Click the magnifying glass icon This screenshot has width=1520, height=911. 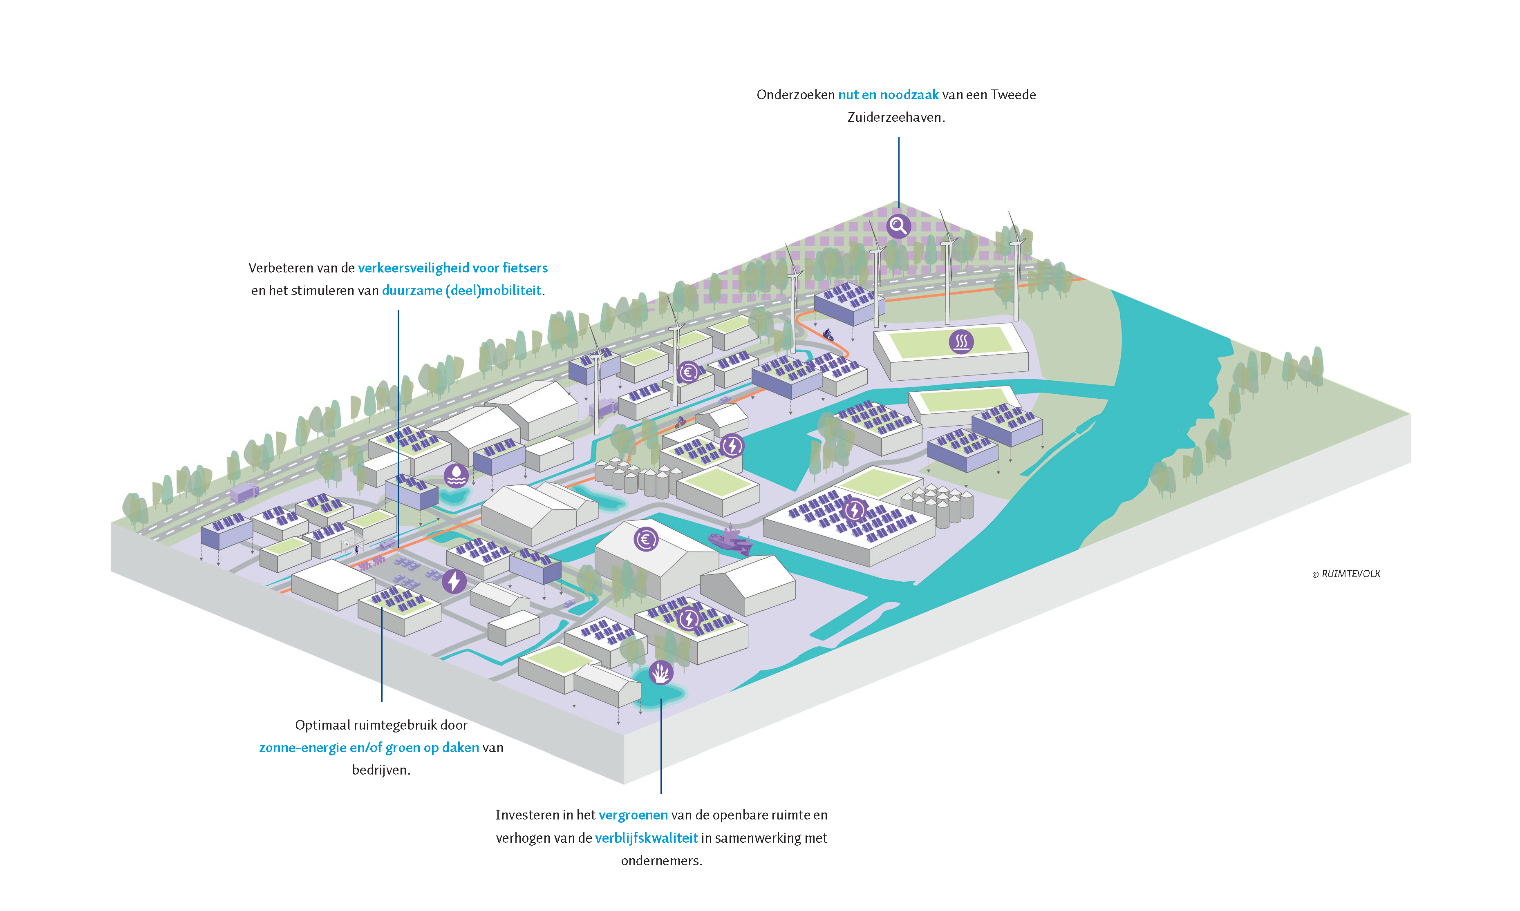898,226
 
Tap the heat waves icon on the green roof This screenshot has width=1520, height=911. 961,341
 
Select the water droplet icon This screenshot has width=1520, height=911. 456,475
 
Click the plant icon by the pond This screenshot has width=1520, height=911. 661,672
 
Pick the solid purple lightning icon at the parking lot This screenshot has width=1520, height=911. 454,581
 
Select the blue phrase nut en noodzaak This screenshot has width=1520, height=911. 888,94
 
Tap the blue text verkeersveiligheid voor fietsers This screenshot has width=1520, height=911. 452,268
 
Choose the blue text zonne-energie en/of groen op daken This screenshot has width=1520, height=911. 369,748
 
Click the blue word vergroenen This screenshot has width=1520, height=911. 633,815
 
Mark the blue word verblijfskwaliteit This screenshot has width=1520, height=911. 646,838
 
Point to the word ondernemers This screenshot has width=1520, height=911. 661,861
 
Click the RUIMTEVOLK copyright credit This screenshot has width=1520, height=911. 1346,574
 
